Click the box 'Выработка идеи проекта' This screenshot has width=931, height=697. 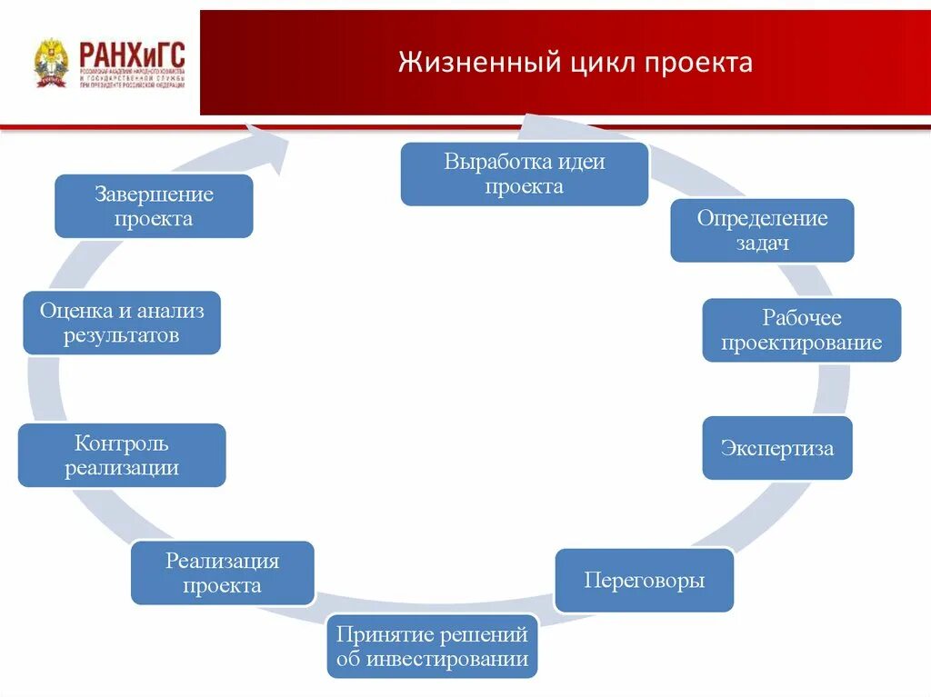click(525, 174)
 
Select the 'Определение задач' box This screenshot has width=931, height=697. click(762, 230)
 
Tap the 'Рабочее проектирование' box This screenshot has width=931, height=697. click(802, 330)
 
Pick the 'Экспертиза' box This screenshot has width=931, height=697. click(776, 448)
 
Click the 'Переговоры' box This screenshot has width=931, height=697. click(645, 580)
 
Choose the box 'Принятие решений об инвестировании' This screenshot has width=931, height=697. click(432, 646)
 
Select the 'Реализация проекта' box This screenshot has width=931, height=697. click(223, 573)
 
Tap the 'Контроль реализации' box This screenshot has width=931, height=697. click(122, 455)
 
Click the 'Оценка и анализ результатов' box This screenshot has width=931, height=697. click(122, 323)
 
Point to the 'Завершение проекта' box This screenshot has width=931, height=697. click(154, 206)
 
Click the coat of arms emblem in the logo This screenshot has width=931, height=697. click(51, 63)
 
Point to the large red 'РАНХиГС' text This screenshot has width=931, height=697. click(132, 52)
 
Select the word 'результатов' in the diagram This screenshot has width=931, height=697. click(122, 336)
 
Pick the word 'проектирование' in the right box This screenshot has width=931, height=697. click(802, 343)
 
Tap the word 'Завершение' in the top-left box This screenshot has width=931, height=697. click(154, 194)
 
